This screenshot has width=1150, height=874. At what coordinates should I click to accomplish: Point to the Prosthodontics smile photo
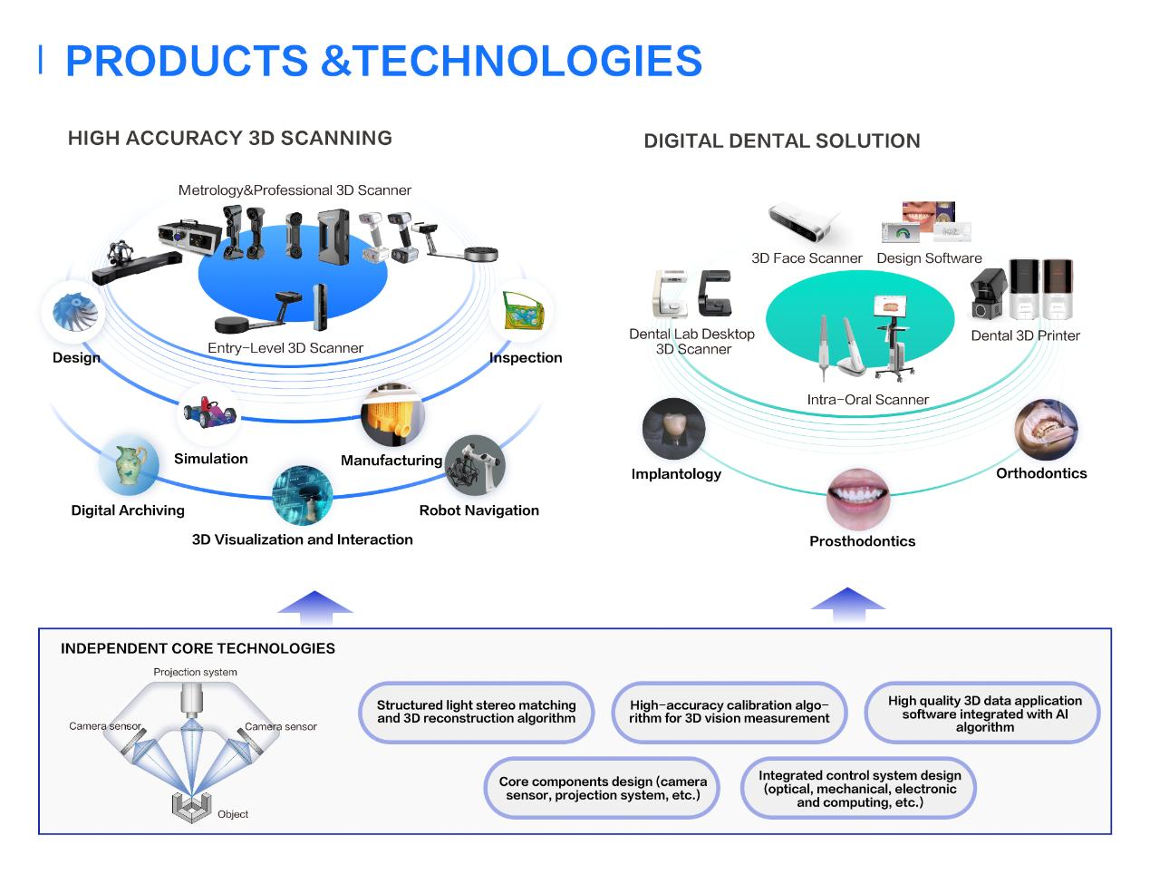[x=857, y=499]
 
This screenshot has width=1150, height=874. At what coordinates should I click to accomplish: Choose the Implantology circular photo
[x=673, y=430]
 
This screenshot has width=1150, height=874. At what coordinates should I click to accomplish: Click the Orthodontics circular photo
[x=1045, y=430]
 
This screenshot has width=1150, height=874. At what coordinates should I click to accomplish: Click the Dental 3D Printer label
[x=1025, y=335]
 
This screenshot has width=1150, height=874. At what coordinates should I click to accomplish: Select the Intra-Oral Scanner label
[x=867, y=400]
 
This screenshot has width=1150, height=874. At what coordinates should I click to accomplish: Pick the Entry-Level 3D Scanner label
[x=285, y=348]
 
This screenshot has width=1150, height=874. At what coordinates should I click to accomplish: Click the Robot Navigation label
[x=478, y=510]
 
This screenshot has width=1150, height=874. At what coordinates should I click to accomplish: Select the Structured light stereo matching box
[x=477, y=712]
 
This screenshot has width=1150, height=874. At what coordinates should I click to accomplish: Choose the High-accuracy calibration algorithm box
[x=729, y=712]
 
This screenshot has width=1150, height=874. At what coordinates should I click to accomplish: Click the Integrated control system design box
[x=859, y=789]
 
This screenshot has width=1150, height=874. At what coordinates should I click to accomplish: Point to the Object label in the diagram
[x=233, y=814]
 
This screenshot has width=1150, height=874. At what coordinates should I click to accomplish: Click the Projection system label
[x=195, y=672]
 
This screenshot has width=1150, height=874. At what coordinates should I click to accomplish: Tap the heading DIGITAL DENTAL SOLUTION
[x=781, y=141]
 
